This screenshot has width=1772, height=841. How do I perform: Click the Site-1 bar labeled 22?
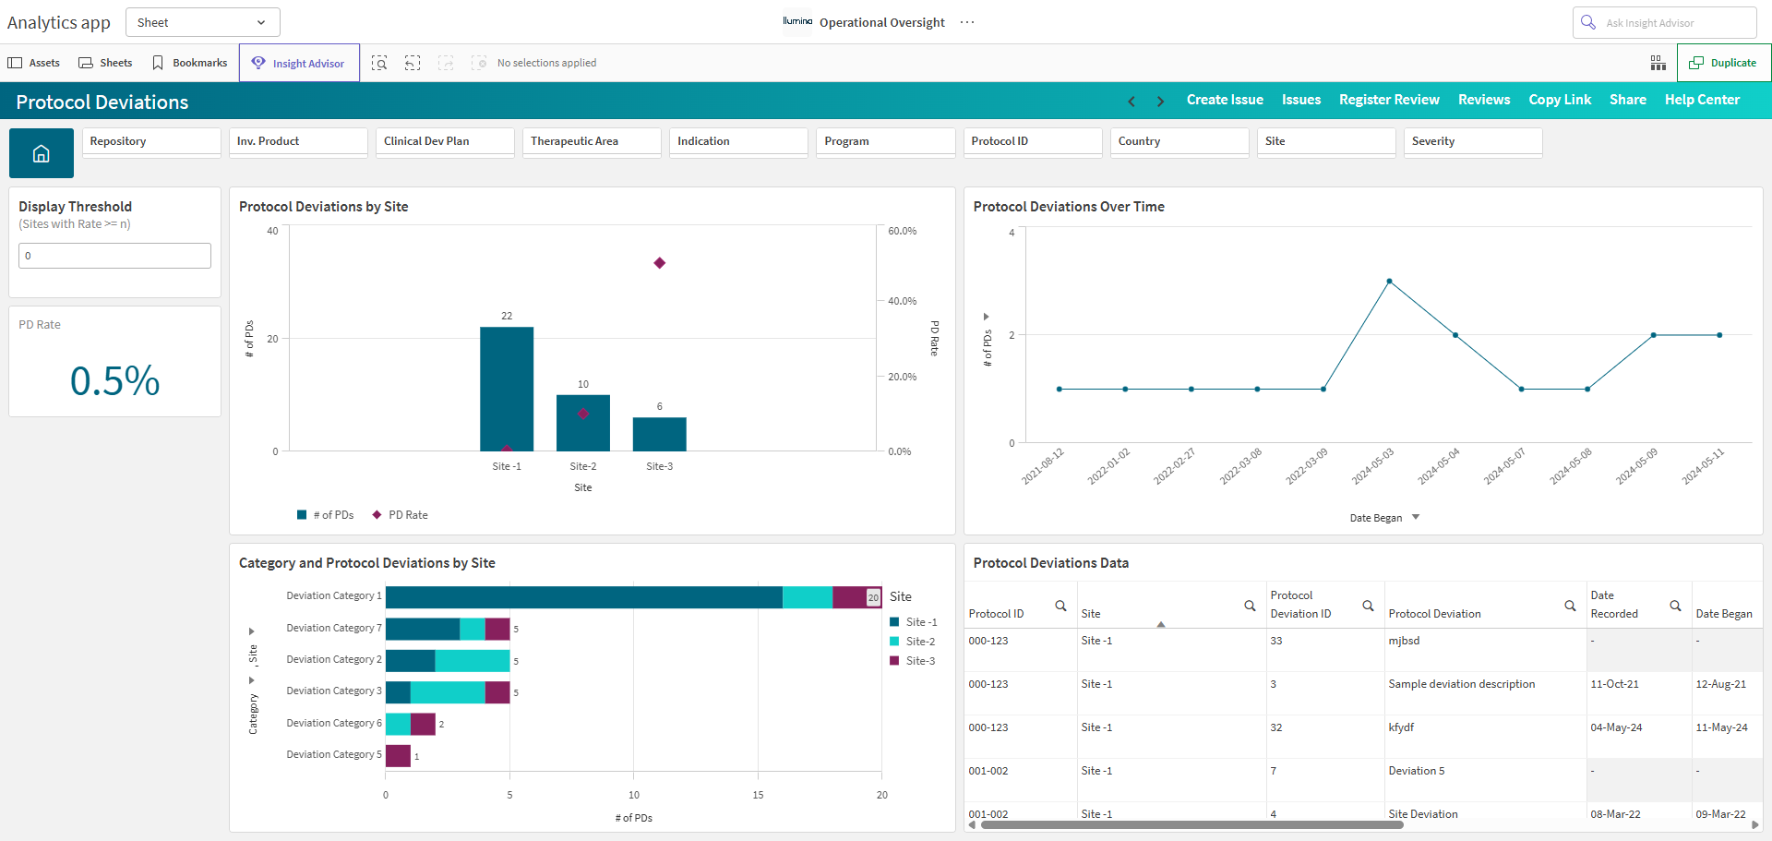tap(507, 389)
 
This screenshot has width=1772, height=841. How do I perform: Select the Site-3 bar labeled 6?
tap(660, 434)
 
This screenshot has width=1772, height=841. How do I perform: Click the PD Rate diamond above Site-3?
tap(660, 263)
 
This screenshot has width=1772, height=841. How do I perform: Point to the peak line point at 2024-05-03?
tap(1389, 282)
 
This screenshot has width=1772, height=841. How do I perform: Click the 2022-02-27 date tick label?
tap(1175, 466)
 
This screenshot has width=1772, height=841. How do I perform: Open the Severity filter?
tap(1473, 141)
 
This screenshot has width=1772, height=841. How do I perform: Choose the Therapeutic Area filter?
tap(592, 141)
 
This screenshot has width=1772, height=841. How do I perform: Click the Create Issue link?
tap(1225, 100)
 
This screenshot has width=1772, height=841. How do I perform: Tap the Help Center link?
tap(1702, 100)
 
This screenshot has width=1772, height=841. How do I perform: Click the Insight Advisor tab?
tap(299, 63)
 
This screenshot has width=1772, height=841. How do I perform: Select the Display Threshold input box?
tap(114, 256)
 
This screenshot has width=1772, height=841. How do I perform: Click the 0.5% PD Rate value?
tap(115, 380)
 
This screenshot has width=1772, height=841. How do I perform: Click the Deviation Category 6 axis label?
tap(334, 723)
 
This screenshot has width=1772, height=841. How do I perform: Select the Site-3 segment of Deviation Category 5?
tap(398, 756)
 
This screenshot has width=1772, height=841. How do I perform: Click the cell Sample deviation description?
tap(1462, 684)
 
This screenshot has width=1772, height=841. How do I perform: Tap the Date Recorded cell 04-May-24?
tap(1616, 727)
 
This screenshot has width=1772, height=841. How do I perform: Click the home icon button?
tap(42, 153)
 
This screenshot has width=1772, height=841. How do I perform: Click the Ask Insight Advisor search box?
tap(1664, 23)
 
